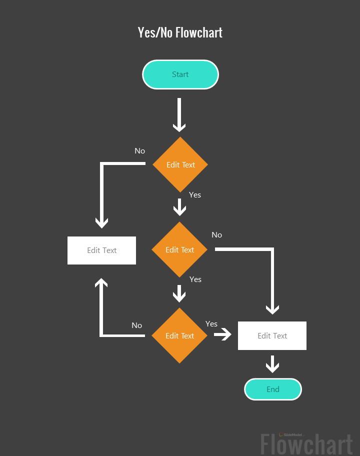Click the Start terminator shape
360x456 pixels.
(x=180, y=74)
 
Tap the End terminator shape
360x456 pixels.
(x=273, y=389)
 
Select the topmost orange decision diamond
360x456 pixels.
(x=180, y=164)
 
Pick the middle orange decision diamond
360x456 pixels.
(x=179, y=249)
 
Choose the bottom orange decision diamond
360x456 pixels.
(x=179, y=335)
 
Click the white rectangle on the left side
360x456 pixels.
(x=101, y=250)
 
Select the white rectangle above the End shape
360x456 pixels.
(x=272, y=335)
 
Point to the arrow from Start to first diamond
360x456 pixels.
(x=179, y=114)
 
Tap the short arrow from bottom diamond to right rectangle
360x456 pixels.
(x=223, y=334)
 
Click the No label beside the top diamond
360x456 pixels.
(x=139, y=151)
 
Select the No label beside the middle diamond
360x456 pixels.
(x=216, y=235)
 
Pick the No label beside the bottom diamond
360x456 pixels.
(x=136, y=325)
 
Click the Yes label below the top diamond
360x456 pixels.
(x=195, y=195)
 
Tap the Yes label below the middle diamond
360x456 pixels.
(x=195, y=279)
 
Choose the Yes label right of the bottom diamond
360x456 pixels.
(x=211, y=324)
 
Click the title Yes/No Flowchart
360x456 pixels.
(x=180, y=32)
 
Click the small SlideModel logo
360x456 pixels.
(x=290, y=435)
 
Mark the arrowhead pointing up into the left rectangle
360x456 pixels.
(x=101, y=283)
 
